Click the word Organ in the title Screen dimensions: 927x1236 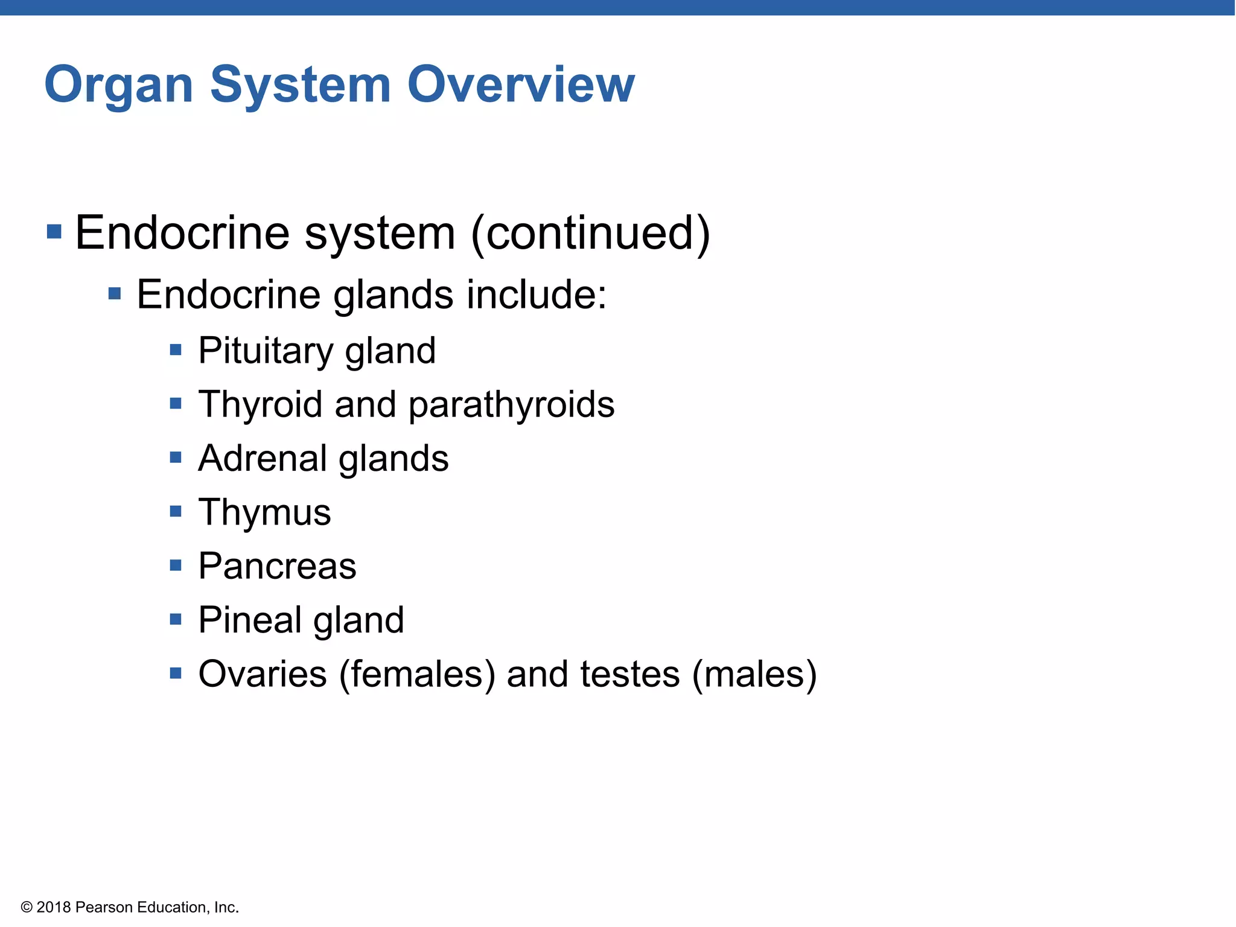(x=119, y=86)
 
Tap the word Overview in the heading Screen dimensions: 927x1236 (x=521, y=84)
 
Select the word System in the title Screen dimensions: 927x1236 (x=300, y=86)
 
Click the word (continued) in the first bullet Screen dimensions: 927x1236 (x=590, y=234)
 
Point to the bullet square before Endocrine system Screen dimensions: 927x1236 (x=54, y=232)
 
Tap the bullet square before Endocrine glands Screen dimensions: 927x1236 (x=115, y=294)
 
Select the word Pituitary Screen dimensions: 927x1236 (x=265, y=351)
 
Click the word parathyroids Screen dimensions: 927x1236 (x=511, y=405)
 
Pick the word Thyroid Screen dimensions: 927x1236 (x=260, y=404)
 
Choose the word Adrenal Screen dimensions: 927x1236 (x=262, y=458)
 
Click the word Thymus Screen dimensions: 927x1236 (x=264, y=513)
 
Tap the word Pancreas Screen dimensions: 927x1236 (x=277, y=566)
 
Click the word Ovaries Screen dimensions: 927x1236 (x=263, y=674)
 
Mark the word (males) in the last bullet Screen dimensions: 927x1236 (x=754, y=675)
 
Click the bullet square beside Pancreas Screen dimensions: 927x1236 (x=176, y=565)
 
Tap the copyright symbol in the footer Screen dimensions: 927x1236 (x=27, y=907)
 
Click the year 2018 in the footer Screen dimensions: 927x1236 (x=54, y=907)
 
